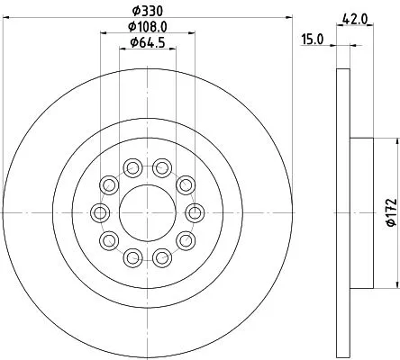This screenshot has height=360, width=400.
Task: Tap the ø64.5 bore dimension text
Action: click(146, 42)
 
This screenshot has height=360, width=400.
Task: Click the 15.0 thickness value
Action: click(313, 39)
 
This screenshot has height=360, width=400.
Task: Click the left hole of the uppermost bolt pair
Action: click(132, 167)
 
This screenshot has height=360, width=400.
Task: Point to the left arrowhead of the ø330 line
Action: click(5, 17)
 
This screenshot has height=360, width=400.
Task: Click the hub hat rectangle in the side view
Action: click(360, 211)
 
